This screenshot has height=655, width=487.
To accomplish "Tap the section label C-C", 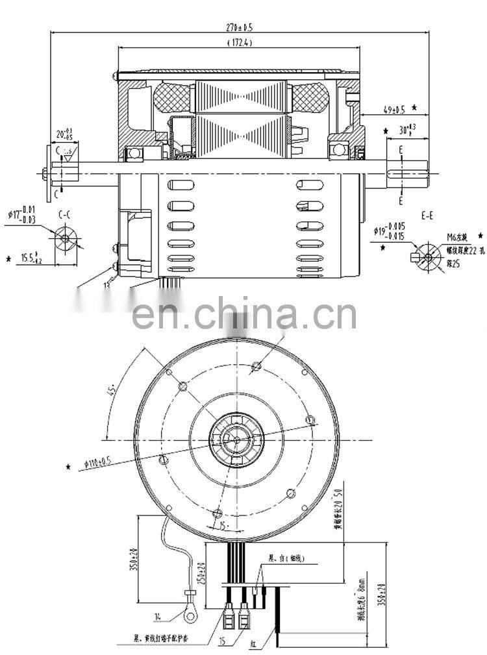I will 65,214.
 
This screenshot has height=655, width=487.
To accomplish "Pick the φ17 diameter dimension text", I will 20,214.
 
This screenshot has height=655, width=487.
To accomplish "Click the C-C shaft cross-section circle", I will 65,238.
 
